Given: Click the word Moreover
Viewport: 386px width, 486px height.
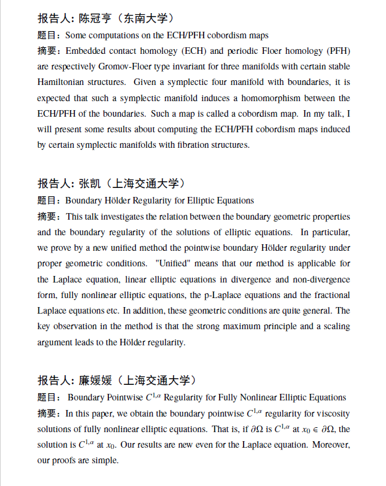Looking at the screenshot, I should click(x=330, y=445).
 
